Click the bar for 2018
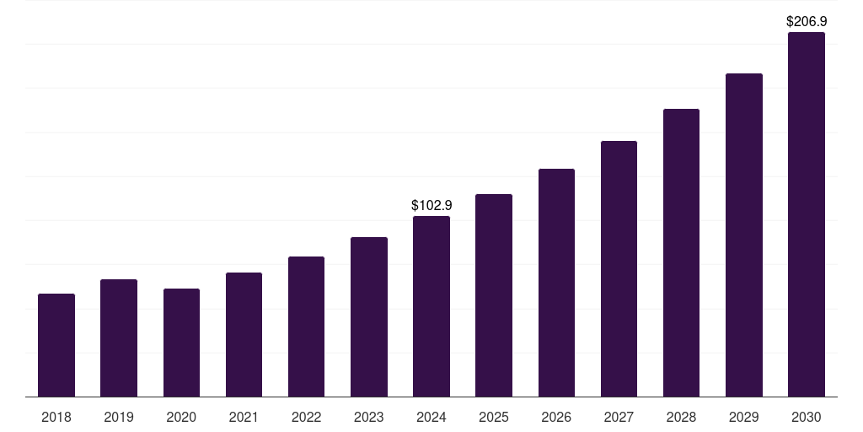pos(56,345)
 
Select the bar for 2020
pos(181,343)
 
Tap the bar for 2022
pos(306,327)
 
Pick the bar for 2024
pos(431,306)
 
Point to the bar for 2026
pos(556,283)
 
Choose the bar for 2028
pos(681,253)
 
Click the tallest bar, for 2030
pos(806,214)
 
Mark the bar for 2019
pos(119,337)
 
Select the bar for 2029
pos(743,235)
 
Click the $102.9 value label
pos(431,205)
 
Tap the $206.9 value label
pos(806,21)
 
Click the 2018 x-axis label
pos(56,417)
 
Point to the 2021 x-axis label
pos(244,417)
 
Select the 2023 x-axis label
pos(368,417)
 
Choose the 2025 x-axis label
pos(494,417)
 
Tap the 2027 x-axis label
pos(619,417)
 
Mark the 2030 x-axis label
pos(806,417)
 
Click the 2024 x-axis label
pos(431,417)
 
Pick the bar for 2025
pos(494,295)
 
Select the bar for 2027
pos(619,269)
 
